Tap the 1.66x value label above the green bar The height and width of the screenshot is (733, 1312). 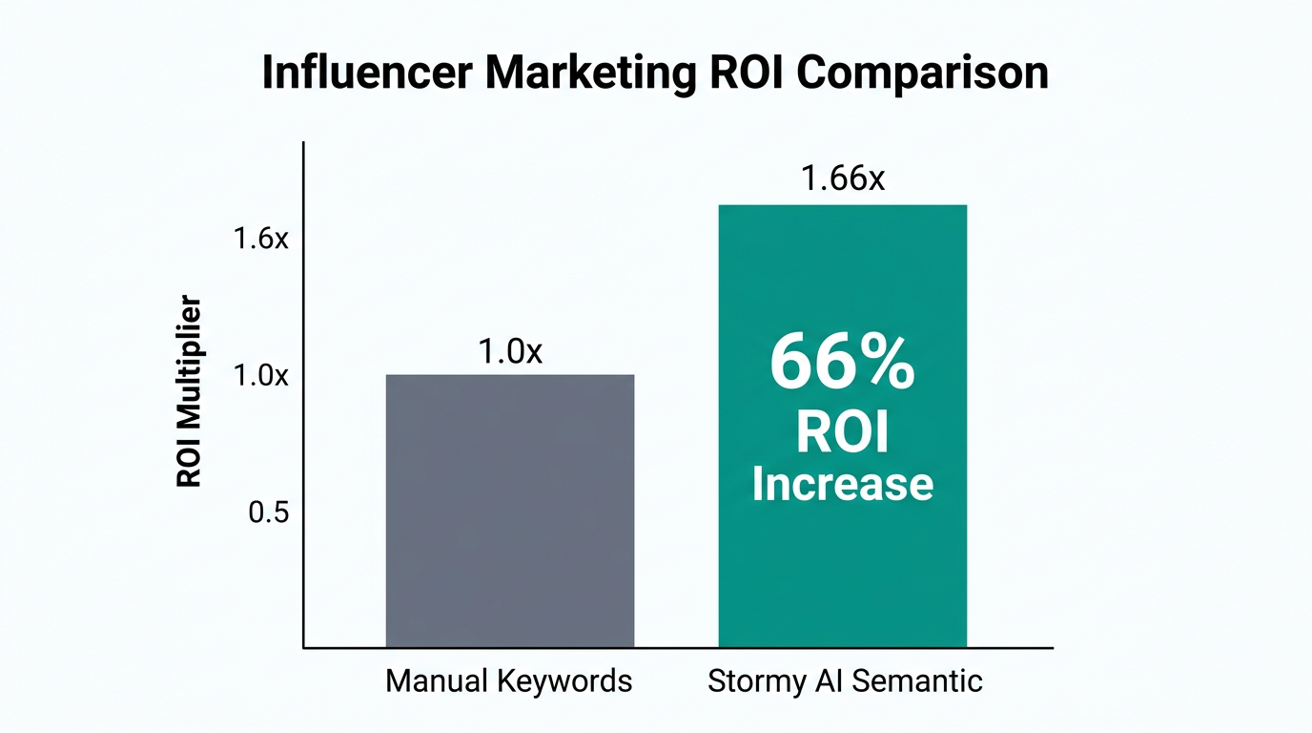click(843, 178)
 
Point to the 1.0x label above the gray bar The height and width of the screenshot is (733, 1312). click(509, 351)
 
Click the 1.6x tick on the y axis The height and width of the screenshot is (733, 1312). click(260, 239)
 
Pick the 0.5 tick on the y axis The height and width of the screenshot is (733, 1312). click(268, 513)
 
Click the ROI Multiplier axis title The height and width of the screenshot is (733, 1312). click(190, 392)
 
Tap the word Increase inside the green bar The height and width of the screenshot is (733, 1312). click(842, 483)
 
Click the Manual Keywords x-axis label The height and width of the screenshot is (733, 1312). click(509, 681)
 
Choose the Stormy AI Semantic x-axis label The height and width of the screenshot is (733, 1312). click(845, 681)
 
